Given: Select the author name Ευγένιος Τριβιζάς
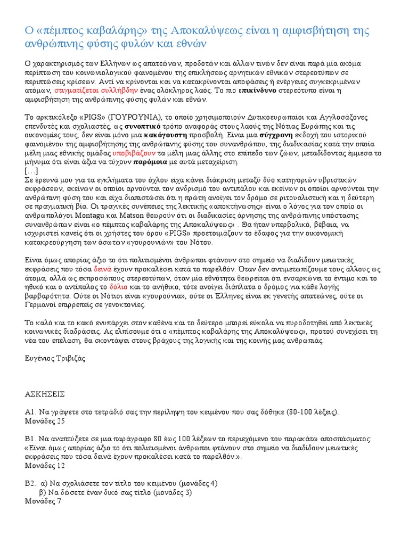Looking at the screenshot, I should [x=55, y=358].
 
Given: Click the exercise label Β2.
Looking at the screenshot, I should [x=30, y=483].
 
